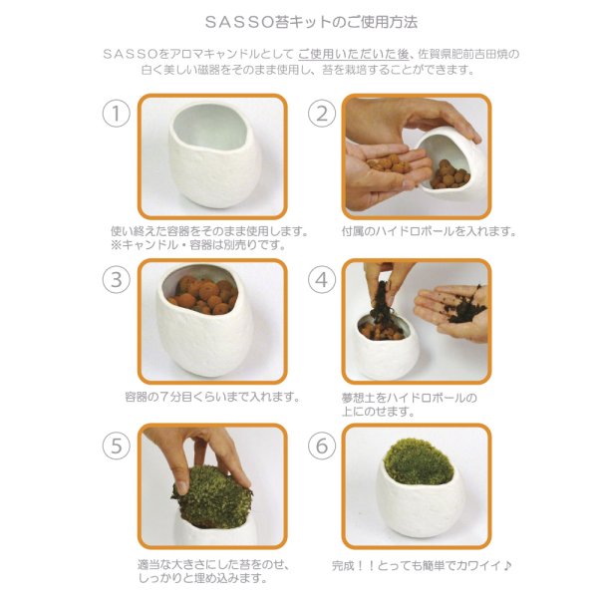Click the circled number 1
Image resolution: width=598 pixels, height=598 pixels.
pyautogui.click(x=117, y=114)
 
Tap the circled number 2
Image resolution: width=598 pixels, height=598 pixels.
pyautogui.click(x=322, y=114)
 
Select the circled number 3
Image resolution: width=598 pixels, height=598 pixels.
pyautogui.click(x=117, y=279)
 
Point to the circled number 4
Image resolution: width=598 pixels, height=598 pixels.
pyautogui.click(x=322, y=279)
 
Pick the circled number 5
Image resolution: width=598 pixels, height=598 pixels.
pyautogui.click(x=117, y=446)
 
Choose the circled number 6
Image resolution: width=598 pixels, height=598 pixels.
pyautogui.click(x=322, y=446)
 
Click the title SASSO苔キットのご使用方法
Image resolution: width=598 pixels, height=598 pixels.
pyautogui.click(x=311, y=22)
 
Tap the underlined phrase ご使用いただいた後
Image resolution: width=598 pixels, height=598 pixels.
pyautogui.click(x=354, y=54)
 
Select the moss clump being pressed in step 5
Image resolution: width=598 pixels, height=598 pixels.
pyautogui.click(x=211, y=497)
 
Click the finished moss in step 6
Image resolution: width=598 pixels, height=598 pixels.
pyautogui.click(x=418, y=461)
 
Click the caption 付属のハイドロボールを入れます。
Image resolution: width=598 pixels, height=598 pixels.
pyautogui.click(x=429, y=231)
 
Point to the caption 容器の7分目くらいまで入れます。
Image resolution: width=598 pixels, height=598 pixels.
pyautogui.click(x=212, y=397)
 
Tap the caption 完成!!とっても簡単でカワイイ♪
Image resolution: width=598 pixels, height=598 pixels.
pyautogui.click(x=422, y=565)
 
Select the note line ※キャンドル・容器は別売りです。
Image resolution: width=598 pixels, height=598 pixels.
pyautogui.click(x=198, y=245)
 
